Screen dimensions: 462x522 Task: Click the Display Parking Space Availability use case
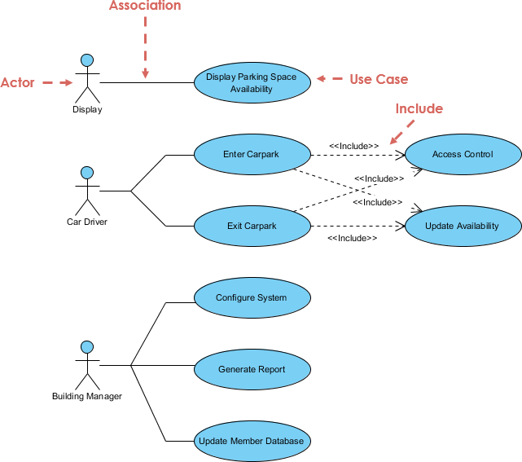click(x=251, y=82)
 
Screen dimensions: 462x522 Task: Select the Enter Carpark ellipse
click(x=251, y=154)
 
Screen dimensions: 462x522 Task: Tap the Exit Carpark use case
click(x=251, y=226)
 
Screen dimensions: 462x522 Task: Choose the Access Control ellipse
click(x=463, y=154)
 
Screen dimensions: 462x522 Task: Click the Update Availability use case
click(x=463, y=226)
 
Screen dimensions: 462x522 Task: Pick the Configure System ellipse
click(x=251, y=297)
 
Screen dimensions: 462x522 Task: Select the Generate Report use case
click(x=251, y=369)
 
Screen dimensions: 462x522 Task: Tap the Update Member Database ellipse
click(x=251, y=441)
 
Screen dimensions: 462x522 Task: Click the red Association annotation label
click(x=145, y=7)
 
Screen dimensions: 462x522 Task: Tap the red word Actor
click(x=17, y=82)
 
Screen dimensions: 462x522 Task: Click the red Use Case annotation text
click(x=379, y=79)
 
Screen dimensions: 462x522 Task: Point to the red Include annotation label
click(x=419, y=108)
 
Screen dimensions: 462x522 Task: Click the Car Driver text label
click(x=86, y=221)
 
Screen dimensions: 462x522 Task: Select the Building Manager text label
click(x=86, y=396)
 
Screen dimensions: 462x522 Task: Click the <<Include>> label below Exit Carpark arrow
click(x=352, y=238)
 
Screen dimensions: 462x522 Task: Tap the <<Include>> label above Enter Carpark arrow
click(x=353, y=146)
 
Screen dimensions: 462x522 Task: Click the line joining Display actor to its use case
click(x=147, y=82)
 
